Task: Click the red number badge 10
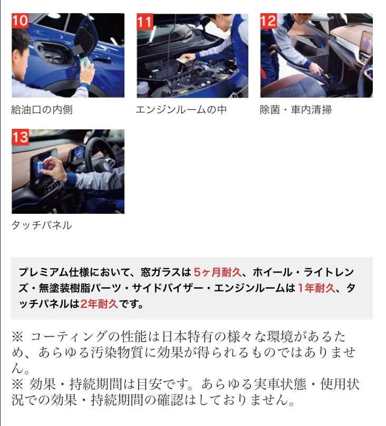[x=20, y=21]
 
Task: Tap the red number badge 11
[x=145, y=21]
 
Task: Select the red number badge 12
[x=268, y=21]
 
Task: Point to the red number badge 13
[x=21, y=137]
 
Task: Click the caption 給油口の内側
[x=42, y=110]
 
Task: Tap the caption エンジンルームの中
[x=181, y=110]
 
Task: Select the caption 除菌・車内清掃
[x=296, y=110]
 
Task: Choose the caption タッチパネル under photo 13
[x=42, y=225]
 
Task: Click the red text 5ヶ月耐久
[x=217, y=272]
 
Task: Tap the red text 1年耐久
[x=316, y=288]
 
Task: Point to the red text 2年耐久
[x=99, y=304]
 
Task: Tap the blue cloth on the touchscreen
[x=40, y=165]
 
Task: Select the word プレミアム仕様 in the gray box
[x=54, y=272]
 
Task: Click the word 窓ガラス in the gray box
[x=161, y=272]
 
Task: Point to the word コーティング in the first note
[x=68, y=337]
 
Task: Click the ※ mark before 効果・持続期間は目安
[x=17, y=384]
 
